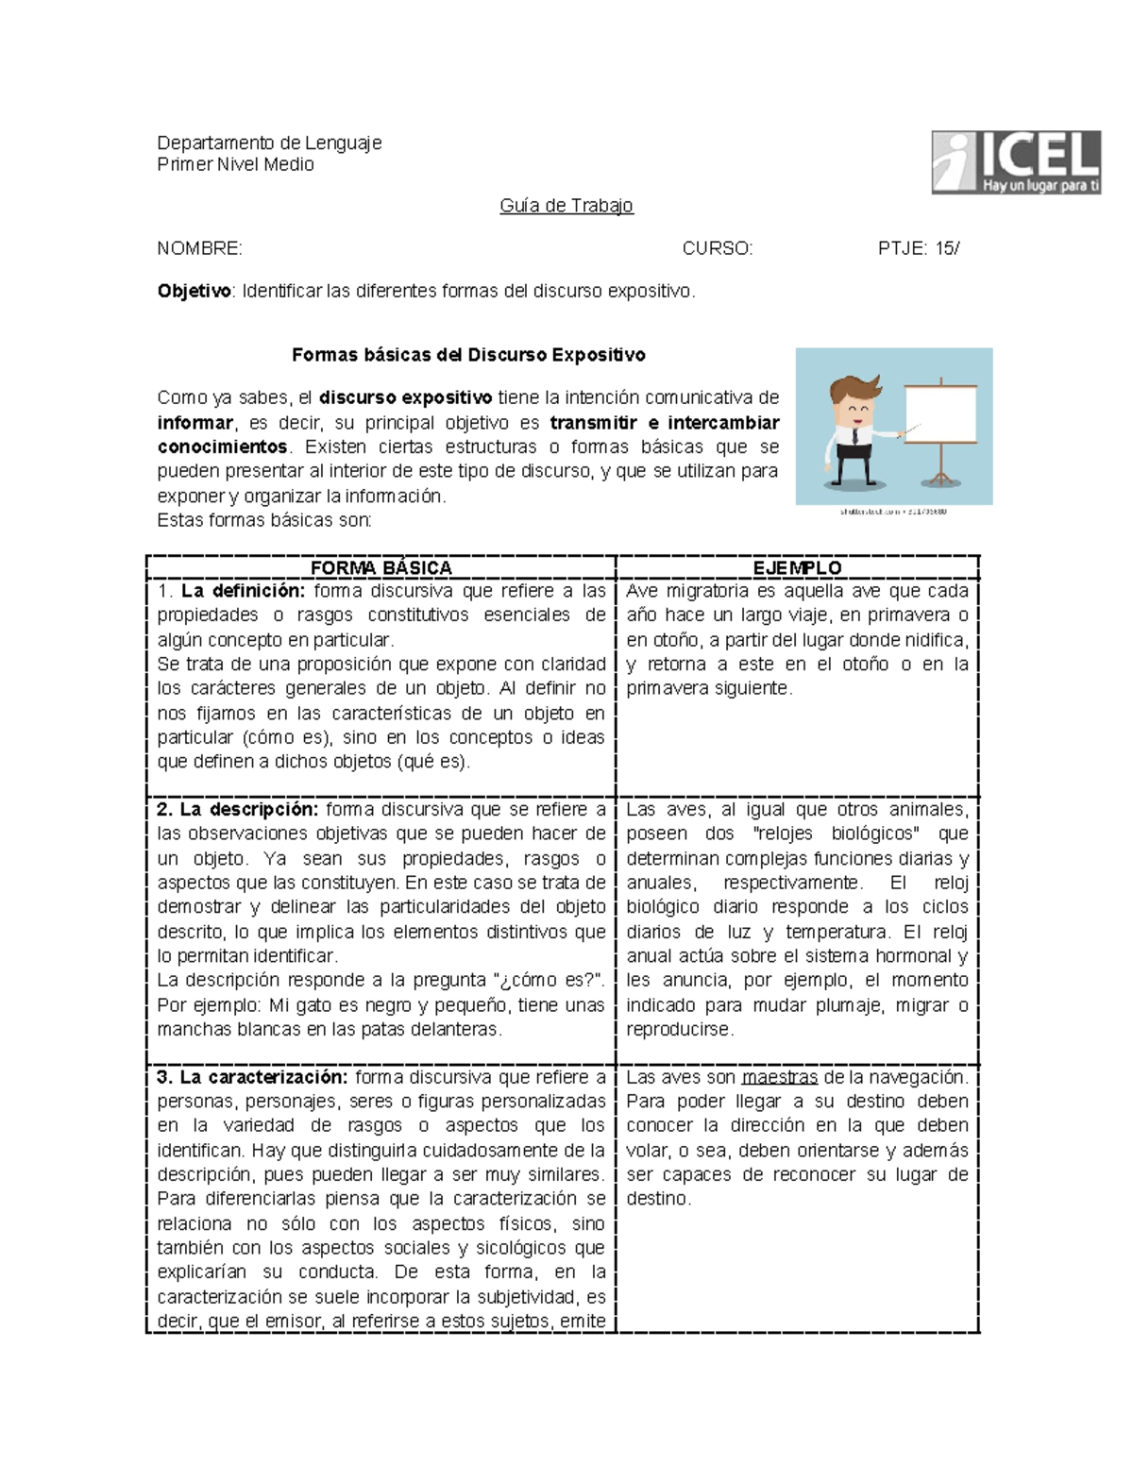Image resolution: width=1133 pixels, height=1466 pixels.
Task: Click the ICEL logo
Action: coord(1016,162)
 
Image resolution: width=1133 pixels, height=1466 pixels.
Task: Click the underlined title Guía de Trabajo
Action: coord(566,206)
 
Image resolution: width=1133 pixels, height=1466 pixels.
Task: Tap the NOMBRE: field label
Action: coord(199,248)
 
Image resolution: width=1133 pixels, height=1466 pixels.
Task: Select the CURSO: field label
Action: coord(718,248)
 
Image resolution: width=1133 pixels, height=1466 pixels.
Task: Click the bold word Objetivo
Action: coord(194,291)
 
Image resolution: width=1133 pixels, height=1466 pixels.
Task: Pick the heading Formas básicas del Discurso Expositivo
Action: coord(468,355)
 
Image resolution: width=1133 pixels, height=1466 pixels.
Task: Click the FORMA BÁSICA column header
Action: coord(380,567)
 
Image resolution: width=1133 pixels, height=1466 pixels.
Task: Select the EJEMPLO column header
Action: coord(797,567)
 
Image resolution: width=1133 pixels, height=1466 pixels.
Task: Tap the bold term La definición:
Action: coord(243,591)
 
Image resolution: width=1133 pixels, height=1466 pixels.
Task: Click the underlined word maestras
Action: coord(779,1077)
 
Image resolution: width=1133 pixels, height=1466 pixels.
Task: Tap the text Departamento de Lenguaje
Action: coord(269,143)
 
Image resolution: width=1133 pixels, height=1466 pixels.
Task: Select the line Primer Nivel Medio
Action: coord(235,164)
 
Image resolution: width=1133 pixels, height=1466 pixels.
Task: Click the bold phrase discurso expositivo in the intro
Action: coord(405,397)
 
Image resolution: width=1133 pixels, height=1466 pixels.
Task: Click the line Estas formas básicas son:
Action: coord(264,520)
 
